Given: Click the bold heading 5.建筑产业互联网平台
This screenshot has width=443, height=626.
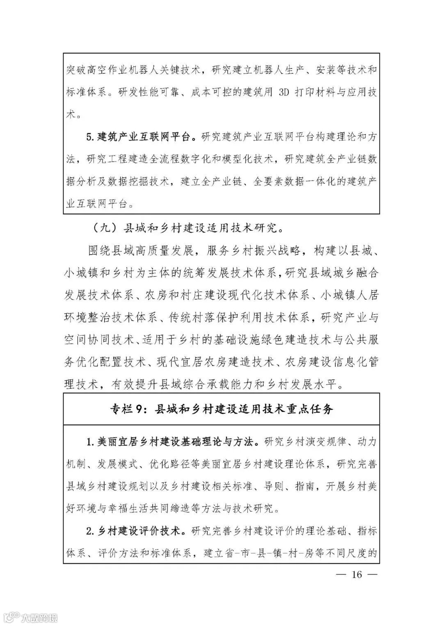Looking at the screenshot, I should click(x=141, y=137).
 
